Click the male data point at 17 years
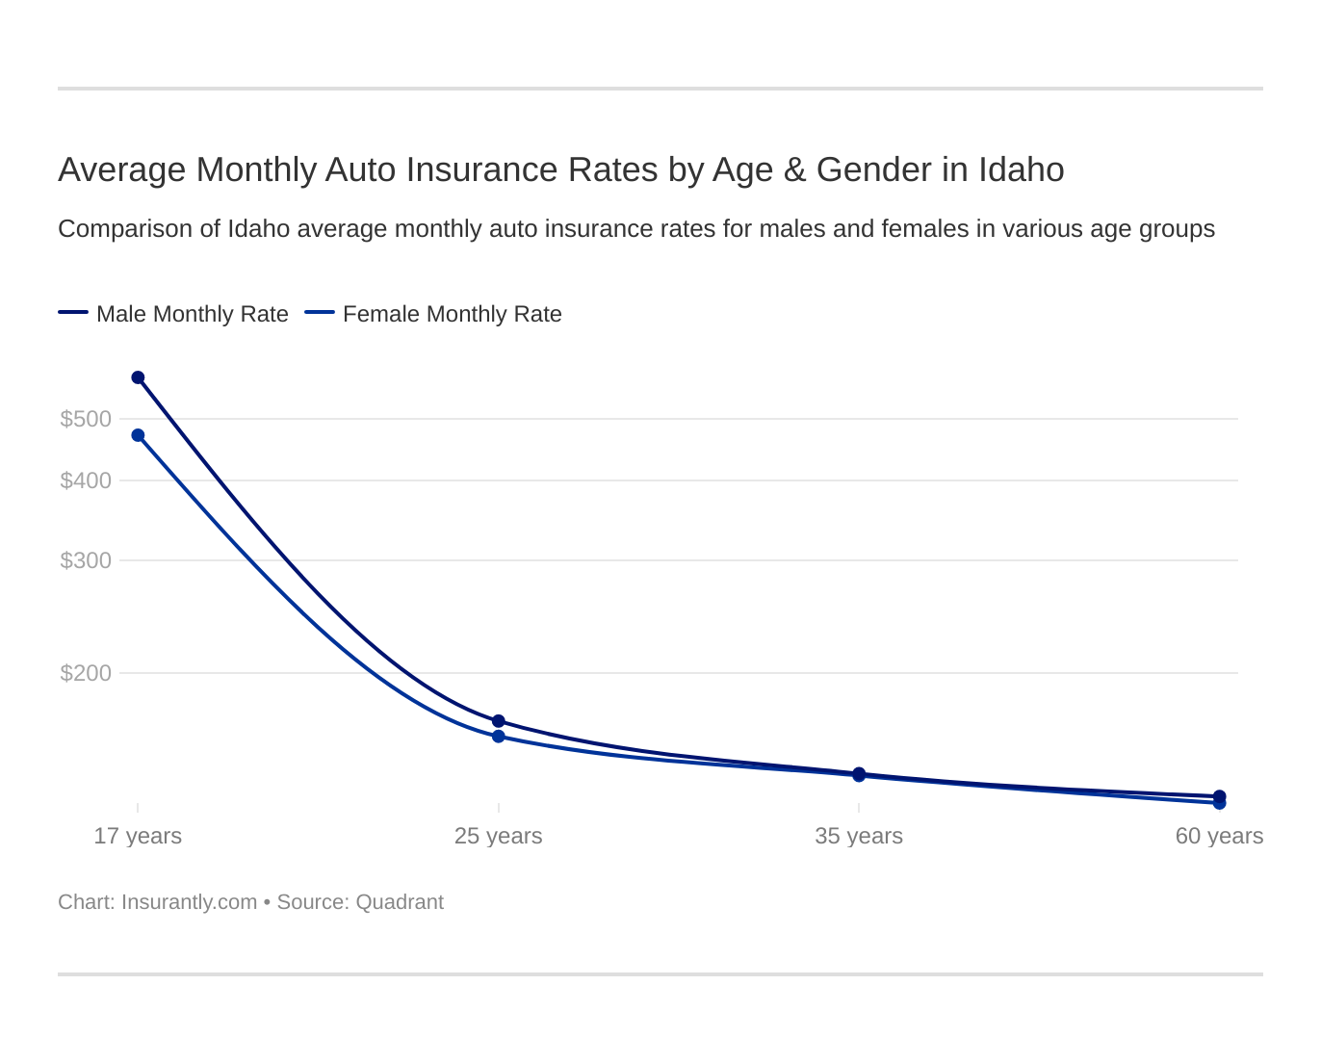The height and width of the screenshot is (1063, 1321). click(138, 377)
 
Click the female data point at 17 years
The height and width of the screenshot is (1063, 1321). click(138, 435)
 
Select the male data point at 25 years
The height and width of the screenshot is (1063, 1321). click(499, 721)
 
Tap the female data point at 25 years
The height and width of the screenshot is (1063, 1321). click(499, 737)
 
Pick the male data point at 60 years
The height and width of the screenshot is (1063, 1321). click(1220, 796)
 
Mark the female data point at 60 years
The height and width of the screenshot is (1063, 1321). click(1220, 803)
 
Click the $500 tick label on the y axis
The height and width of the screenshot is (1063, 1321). click(86, 419)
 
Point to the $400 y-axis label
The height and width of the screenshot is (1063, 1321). click(86, 480)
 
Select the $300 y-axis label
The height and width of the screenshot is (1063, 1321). click(86, 560)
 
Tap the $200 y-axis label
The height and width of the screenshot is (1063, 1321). click(86, 673)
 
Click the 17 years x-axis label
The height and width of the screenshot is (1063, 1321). click(138, 836)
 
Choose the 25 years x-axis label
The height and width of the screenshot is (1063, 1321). click(499, 836)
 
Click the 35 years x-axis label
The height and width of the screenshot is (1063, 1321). click(859, 836)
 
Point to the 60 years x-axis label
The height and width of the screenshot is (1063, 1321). click(1219, 836)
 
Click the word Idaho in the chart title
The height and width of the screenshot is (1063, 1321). click(1021, 169)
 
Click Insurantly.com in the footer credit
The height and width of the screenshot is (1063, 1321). click(189, 902)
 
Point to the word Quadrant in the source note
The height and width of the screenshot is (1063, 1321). click(400, 902)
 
